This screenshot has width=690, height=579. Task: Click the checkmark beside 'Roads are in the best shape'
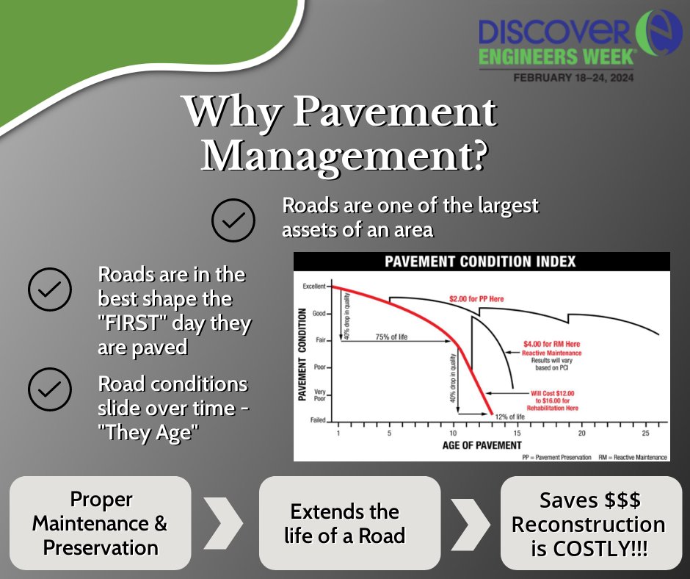tap(50, 289)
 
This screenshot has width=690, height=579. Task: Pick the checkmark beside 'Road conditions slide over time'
tap(50, 389)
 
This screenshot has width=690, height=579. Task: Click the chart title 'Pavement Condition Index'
tap(481, 262)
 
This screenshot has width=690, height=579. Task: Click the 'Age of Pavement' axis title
tap(482, 446)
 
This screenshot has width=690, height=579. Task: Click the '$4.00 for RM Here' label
tap(551, 343)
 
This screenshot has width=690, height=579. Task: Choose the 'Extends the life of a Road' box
tap(345, 523)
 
